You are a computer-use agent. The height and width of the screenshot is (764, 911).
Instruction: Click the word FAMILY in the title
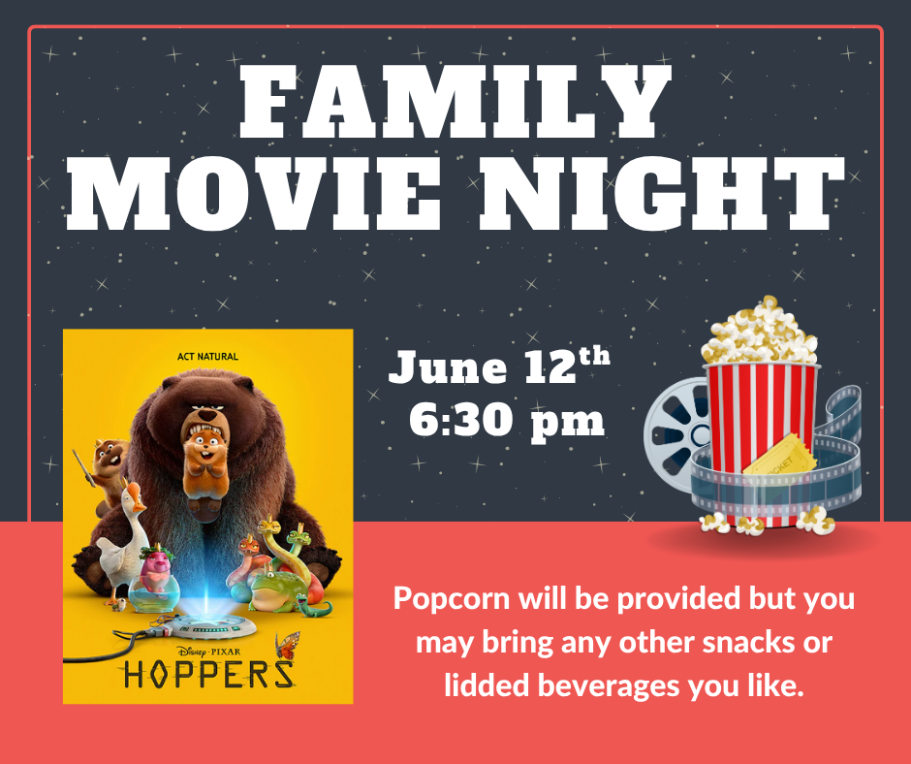pyautogui.click(x=455, y=101)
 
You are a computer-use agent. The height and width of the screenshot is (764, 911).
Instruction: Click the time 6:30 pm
pyautogui.click(x=507, y=421)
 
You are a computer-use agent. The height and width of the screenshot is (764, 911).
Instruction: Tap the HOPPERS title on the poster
pyautogui.click(x=208, y=675)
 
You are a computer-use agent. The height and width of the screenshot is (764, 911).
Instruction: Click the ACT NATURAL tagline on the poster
pyautogui.click(x=207, y=357)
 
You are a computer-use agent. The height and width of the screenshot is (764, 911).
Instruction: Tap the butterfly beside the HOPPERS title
pyautogui.click(x=288, y=646)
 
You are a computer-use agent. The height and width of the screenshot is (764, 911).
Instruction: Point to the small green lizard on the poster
pyautogui.click(x=314, y=607)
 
